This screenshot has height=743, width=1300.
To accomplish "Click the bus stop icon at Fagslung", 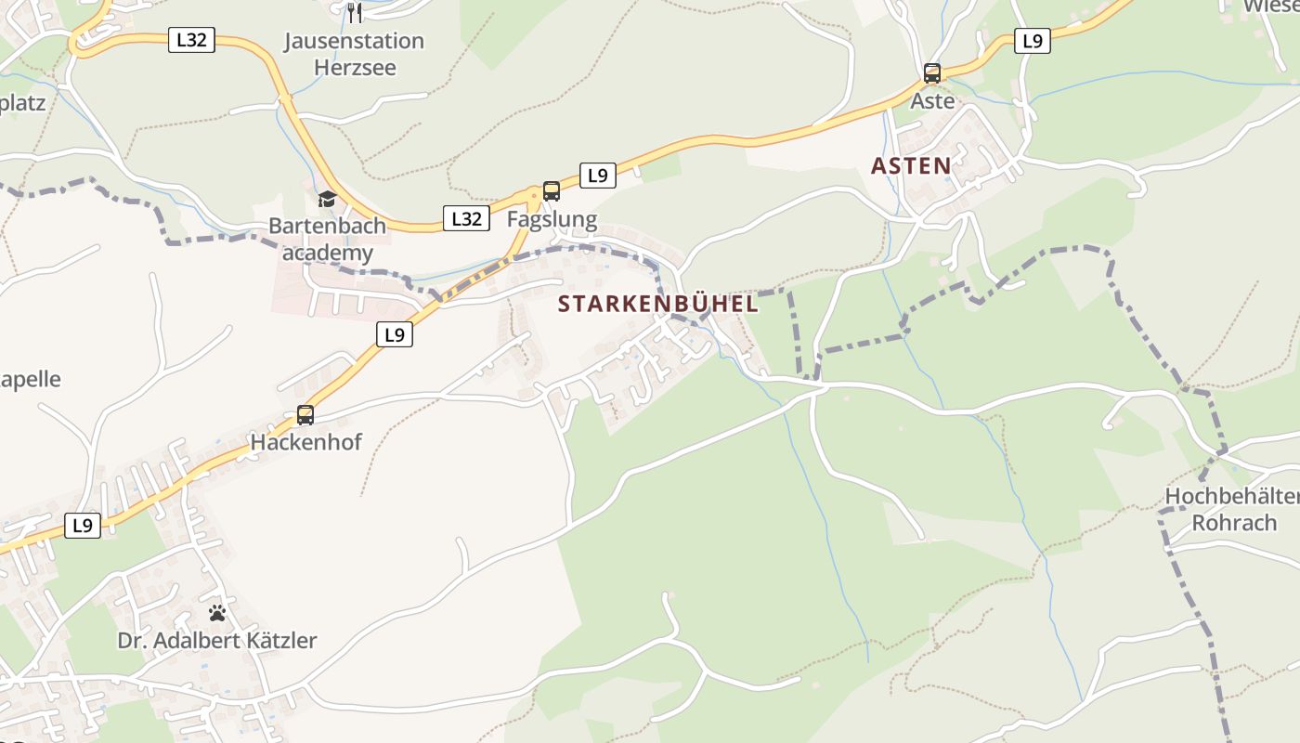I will [x=552, y=191].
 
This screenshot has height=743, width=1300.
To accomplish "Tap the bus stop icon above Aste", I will [x=932, y=73].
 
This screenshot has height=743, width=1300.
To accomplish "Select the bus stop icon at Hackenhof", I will [x=305, y=415].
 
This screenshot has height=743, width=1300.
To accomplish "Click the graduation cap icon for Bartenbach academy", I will [x=327, y=199].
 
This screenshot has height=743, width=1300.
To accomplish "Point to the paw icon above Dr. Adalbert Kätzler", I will [x=217, y=613].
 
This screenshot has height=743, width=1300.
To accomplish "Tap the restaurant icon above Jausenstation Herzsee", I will [x=354, y=12].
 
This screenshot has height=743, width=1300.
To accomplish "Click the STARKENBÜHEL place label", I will [x=658, y=304].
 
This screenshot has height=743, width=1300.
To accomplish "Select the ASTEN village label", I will [x=911, y=166].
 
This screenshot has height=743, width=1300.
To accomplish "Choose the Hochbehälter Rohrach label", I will [x=1233, y=510].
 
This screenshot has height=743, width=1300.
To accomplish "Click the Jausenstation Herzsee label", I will [x=354, y=54].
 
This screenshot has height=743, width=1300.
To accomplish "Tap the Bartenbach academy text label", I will [x=321, y=239].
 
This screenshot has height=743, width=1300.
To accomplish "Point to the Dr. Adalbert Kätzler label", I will [x=217, y=641].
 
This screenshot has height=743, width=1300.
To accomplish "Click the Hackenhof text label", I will [x=305, y=442].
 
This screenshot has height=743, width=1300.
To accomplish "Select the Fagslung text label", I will [x=552, y=220].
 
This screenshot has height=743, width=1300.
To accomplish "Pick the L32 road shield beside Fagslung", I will [x=466, y=218].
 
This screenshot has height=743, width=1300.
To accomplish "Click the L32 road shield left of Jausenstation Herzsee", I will [x=191, y=40].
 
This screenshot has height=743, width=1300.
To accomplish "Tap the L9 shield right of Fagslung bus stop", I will [x=598, y=175].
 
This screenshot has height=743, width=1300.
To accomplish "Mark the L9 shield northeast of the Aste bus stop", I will [x=1032, y=41].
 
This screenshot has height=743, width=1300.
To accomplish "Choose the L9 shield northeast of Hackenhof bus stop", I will [x=395, y=334].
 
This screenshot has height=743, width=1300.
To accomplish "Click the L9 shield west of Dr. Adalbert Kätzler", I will [x=83, y=526].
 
